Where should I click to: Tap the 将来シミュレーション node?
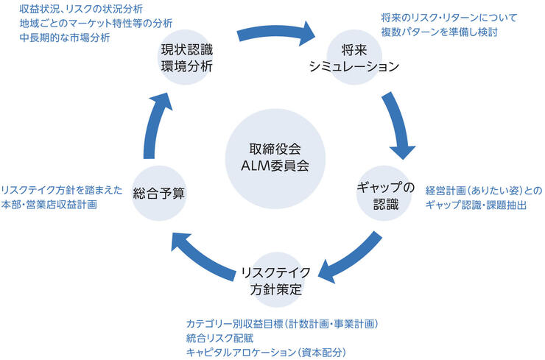click(359, 59)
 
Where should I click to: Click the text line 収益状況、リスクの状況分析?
click(81, 10)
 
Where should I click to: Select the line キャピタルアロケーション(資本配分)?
click(266, 352)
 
